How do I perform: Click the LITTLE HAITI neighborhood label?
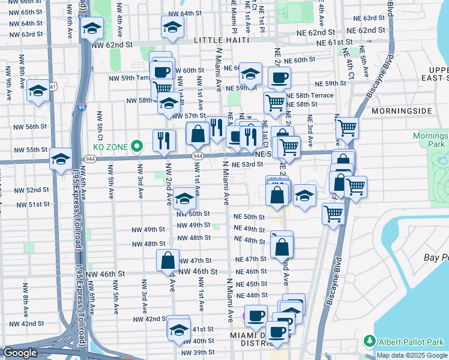(x=217, y=40)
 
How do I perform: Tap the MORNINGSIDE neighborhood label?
(x=402, y=112)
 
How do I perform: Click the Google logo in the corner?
(x=20, y=353)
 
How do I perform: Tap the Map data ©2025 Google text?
(x=412, y=355)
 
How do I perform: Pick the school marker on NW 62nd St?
(x=91, y=28)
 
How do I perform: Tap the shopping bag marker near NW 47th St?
(x=167, y=260)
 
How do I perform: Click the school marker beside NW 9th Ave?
(x=38, y=91)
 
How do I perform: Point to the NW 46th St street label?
(x=104, y=273)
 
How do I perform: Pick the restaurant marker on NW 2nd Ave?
(x=164, y=140)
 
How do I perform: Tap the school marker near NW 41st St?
(x=178, y=329)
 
